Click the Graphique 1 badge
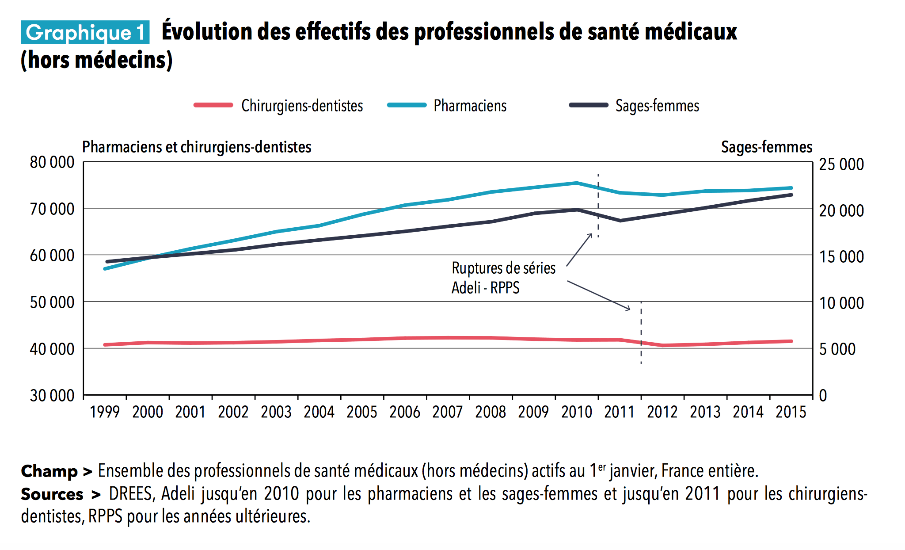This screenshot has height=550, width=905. click(85, 32)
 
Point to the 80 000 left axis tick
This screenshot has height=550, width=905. click(52, 163)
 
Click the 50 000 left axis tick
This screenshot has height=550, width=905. click(52, 302)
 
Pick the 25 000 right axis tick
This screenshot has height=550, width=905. click(841, 164)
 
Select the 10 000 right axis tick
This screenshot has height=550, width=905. click(841, 303)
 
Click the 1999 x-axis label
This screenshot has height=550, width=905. click(105, 412)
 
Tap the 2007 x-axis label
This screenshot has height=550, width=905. click(448, 412)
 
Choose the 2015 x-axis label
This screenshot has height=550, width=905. click(791, 412)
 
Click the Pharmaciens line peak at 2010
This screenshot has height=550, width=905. click(577, 183)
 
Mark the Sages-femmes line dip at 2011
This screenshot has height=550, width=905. click(620, 220)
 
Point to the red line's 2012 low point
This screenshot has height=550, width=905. click(663, 345)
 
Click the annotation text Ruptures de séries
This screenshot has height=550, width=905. click(503, 268)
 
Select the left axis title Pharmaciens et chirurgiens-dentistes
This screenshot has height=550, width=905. click(197, 147)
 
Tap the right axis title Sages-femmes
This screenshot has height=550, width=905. click(766, 147)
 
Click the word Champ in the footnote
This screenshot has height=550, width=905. click(49, 471)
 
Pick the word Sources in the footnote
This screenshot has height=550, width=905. click(52, 494)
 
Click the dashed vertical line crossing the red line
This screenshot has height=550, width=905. click(641, 342)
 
